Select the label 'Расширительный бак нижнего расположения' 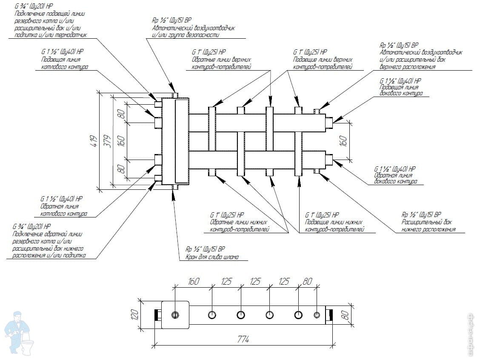pos(428,226)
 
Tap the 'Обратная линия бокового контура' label pos(395,178)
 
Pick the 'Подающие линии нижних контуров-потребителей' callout pos(334,226)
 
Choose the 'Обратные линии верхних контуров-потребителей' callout pos(221,63)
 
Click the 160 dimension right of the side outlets pos(344,141)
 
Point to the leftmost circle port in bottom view pos(175,315)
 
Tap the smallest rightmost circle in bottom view pos(317,315)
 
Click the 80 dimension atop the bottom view pos(307,281)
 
